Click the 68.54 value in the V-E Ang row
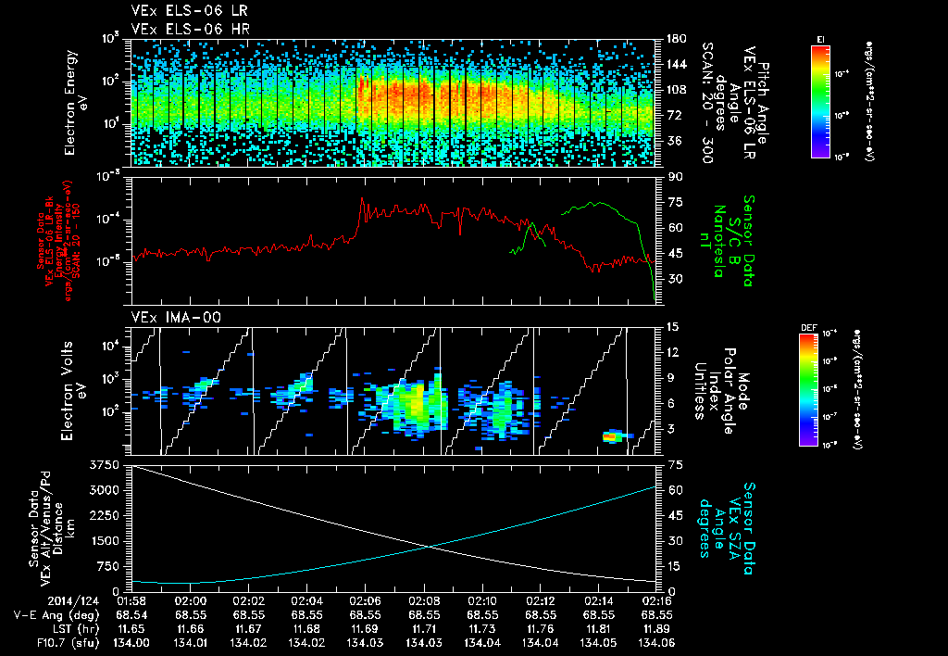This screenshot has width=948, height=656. pyautogui.click(x=131, y=614)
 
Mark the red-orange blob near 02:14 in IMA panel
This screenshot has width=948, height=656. pyautogui.click(x=612, y=435)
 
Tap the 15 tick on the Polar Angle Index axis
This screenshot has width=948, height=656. pyautogui.click(x=668, y=327)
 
